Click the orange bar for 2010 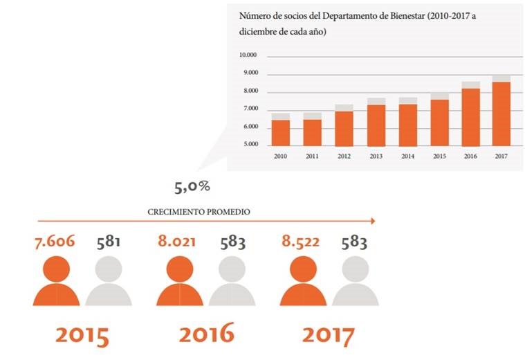(x=281, y=133)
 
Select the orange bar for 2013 (x=376, y=125)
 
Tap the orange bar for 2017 (x=501, y=114)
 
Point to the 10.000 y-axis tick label (x=248, y=55)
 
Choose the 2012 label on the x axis (x=344, y=156)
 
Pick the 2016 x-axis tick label (x=470, y=156)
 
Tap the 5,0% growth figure (x=192, y=187)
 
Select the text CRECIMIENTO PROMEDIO (x=199, y=212)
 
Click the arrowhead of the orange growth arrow (x=373, y=221)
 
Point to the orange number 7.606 (x=55, y=242)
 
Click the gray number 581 (x=108, y=242)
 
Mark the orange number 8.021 (x=177, y=242)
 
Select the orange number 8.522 (x=301, y=242)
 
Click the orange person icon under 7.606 (x=56, y=281)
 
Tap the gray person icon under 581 (x=109, y=281)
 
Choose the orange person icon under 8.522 (x=304, y=281)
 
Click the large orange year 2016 (x=207, y=333)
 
